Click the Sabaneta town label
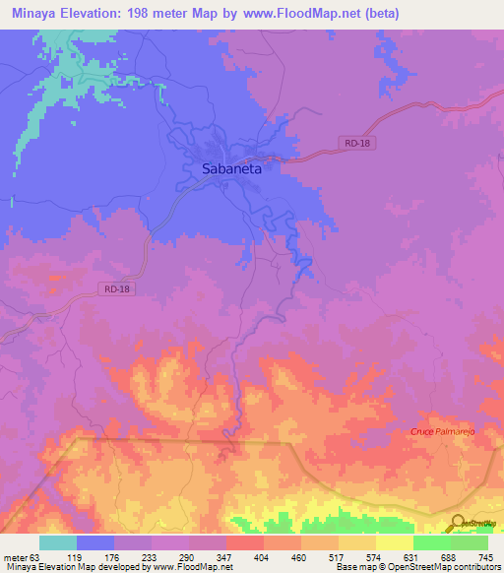[231, 168]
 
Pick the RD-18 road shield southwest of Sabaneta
[115, 288]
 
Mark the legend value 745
[485, 556]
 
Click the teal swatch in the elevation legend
[58, 542]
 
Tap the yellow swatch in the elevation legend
[395, 542]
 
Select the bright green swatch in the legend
[432, 542]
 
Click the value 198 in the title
[174, 14]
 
